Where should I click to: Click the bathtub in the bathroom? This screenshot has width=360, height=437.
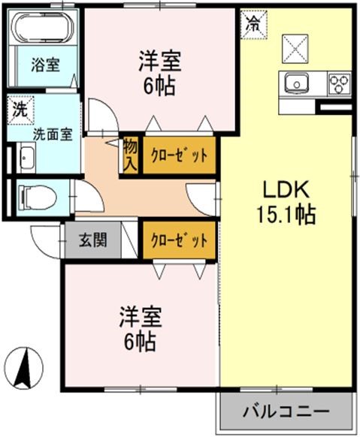[x=43, y=29]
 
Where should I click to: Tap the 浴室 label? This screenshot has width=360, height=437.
[x=44, y=65]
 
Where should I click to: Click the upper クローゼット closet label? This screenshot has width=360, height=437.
[x=179, y=156]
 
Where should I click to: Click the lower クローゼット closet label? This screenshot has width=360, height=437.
[x=179, y=241]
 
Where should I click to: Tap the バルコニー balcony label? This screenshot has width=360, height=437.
[x=286, y=412]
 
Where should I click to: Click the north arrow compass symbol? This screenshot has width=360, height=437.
[x=23, y=368]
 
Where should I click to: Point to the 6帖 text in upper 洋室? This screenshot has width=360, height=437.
[x=159, y=85]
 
